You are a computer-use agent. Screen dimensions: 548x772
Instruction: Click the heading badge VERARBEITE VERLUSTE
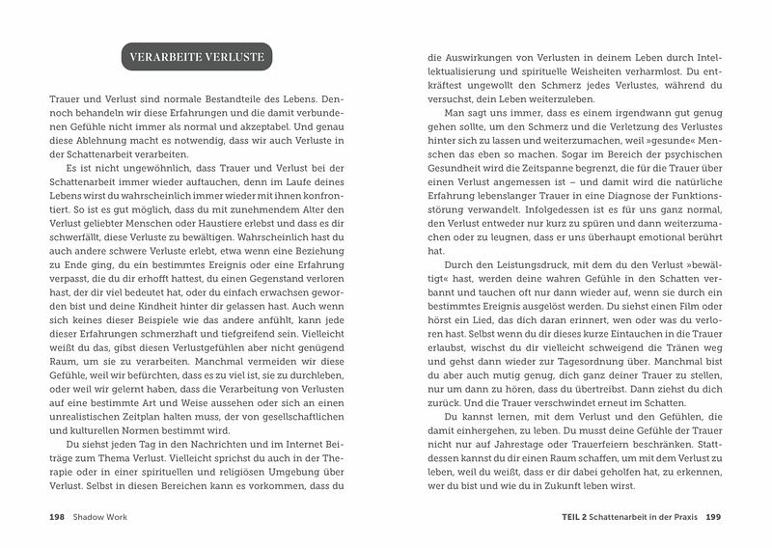pos(200,56)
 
